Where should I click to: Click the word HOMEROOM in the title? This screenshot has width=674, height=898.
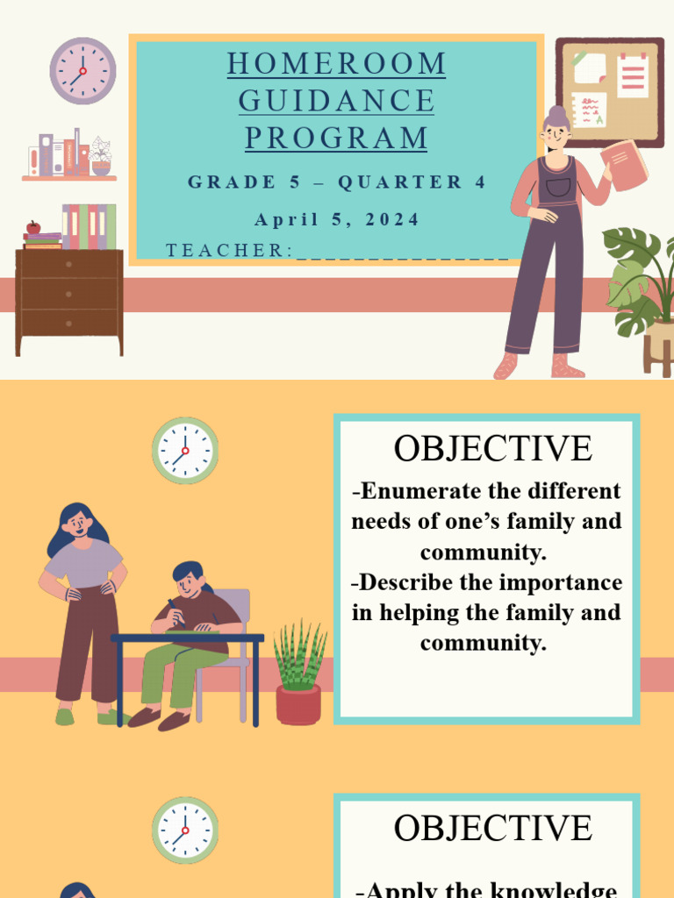[x=336, y=64]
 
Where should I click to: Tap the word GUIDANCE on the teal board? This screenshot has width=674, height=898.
[x=336, y=101]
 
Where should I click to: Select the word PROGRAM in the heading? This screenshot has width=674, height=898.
[x=336, y=138]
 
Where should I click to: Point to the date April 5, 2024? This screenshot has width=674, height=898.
[x=337, y=219]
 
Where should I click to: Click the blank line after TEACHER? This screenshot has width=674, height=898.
[x=403, y=253]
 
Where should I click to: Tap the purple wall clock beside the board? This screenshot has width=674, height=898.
[x=82, y=71]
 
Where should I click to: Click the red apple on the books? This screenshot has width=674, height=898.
[x=33, y=227]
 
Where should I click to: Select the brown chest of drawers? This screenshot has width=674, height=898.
[x=69, y=298]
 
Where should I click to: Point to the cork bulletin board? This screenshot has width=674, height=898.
[x=609, y=92]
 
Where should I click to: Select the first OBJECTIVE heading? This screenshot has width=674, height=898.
[x=492, y=448]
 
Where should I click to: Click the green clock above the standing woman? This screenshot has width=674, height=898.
[x=185, y=451]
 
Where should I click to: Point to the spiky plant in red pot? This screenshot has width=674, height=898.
[x=298, y=675]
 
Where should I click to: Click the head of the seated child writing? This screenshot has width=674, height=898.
[x=188, y=580]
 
